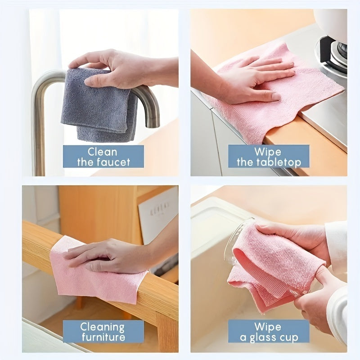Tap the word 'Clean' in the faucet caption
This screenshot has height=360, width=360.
point(103,152)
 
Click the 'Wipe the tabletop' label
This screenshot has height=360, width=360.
point(269,157)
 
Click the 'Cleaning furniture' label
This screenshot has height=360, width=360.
point(103,331)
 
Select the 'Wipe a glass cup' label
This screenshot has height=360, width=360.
point(269,331)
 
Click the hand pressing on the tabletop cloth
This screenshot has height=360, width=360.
point(252,81)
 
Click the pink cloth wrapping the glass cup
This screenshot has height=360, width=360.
point(274,265)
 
